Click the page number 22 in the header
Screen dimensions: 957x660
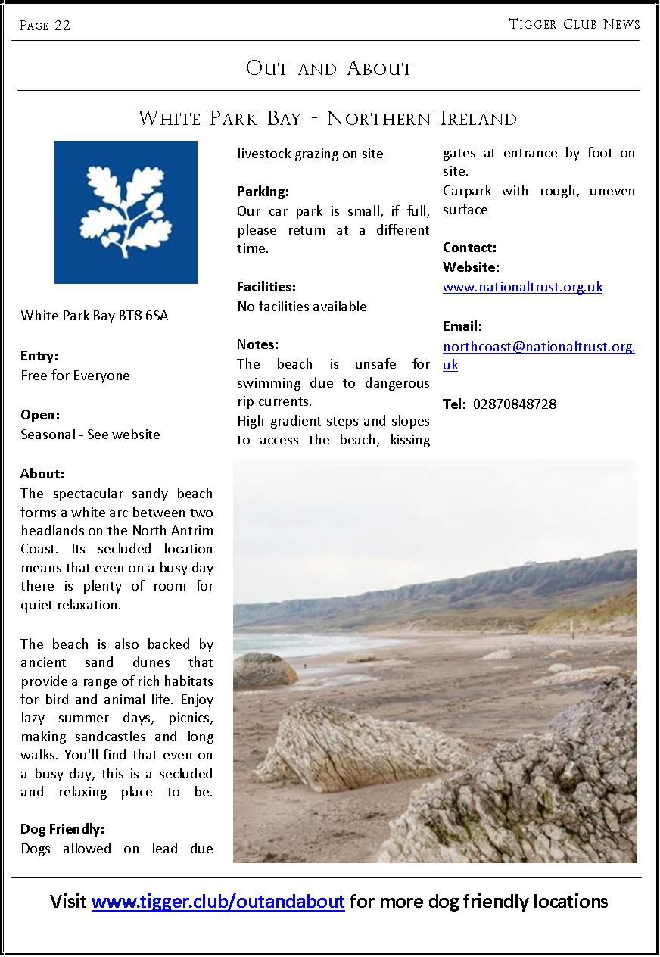(x=62, y=25)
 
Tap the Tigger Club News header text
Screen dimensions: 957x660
(x=574, y=24)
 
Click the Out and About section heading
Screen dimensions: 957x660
(x=329, y=68)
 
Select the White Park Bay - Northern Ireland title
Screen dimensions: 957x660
(x=328, y=118)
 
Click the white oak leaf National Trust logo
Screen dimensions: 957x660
(x=126, y=212)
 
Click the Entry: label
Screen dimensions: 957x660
(x=39, y=356)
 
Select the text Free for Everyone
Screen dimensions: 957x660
(x=75, y=376)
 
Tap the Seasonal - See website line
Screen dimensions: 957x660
(x=90, y=435)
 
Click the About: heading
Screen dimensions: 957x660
(x=42, y=474)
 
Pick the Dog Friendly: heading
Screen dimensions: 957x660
(x=62, y=829)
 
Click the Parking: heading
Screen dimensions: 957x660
(x=263, y=192)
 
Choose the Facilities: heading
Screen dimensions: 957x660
(x=266, y=287)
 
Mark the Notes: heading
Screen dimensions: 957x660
(x=257, y=344)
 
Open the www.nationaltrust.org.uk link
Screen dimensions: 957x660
(x=522, y=287)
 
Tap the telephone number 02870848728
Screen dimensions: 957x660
(x=515, y=404)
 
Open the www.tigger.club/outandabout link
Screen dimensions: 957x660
(x=218, y=902)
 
